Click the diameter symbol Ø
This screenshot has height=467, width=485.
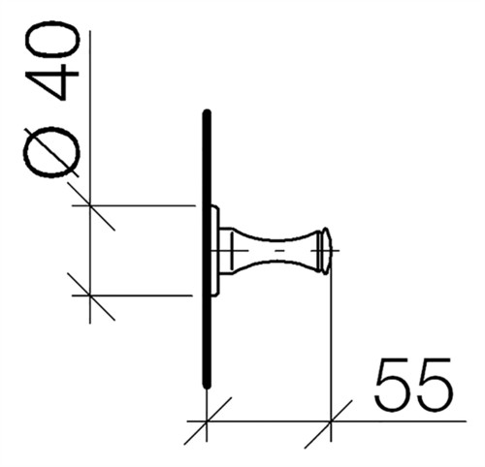(52, 152)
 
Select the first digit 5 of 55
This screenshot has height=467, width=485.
(392, 384)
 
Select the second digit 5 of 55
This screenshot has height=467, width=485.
(434, 384)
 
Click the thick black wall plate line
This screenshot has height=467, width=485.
(207, 249)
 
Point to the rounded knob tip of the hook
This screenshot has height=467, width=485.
(326, 251)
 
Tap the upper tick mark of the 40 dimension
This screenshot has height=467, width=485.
(90, 205)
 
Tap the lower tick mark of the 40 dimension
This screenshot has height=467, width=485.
(90, 296)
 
